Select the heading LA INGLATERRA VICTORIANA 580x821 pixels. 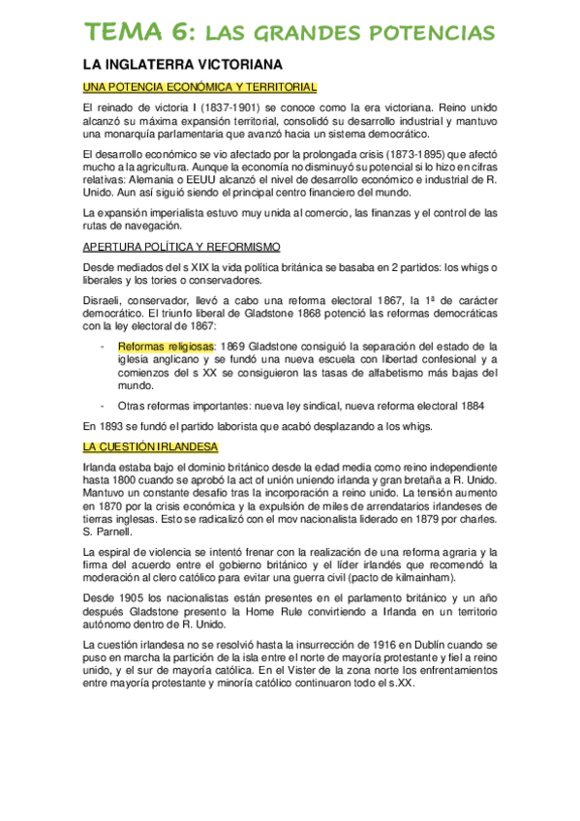[x=182, y=65]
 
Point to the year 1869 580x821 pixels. [x=236, y=346]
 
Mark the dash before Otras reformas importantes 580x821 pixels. [x=104, y=406]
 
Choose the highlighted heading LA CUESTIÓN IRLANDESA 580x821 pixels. [x=150, y=447]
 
